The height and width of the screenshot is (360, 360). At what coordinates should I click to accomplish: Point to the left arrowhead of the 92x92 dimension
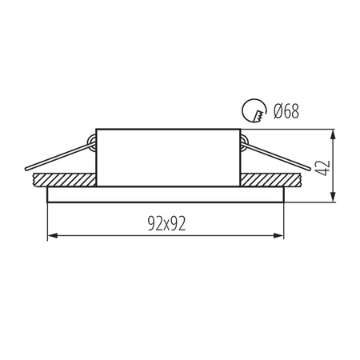click(x=54, y=235)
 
